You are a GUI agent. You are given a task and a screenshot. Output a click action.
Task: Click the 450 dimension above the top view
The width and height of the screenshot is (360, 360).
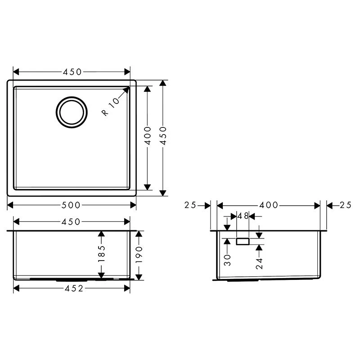point(72,72)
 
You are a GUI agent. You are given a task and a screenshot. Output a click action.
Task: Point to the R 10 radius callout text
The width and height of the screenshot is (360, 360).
point(110,107)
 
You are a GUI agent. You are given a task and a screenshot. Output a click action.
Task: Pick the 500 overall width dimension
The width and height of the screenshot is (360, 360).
point(72,205)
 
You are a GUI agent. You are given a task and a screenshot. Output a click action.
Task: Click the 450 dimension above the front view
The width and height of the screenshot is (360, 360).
point(72,221)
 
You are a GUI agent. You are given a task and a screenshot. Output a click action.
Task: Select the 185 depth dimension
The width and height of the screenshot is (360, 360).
point(101,254)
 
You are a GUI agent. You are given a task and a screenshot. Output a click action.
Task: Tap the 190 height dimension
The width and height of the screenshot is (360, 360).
point(139,255)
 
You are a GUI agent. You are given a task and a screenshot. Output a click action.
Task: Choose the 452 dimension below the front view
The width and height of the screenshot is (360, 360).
point(72,288)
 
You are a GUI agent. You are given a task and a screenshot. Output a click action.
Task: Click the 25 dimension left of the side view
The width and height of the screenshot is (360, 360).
point(190,205)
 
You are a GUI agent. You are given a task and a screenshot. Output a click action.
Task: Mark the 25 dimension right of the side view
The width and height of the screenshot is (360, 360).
point(345,205)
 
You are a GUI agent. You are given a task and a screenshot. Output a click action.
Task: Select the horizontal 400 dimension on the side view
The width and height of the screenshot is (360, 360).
point(269,205)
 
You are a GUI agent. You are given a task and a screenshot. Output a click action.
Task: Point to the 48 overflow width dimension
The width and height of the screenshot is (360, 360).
point(243,216)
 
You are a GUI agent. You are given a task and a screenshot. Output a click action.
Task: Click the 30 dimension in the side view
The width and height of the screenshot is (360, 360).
point(227,259)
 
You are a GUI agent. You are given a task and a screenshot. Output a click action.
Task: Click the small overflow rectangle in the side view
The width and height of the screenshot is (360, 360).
point(243,242)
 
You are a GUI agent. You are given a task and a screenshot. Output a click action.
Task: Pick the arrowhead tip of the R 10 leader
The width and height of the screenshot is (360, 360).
point(129,88)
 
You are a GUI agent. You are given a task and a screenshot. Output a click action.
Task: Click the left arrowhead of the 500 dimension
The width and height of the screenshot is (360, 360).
point(9,205)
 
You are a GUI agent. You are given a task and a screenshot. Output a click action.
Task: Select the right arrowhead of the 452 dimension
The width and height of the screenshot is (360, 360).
point(129,288)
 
